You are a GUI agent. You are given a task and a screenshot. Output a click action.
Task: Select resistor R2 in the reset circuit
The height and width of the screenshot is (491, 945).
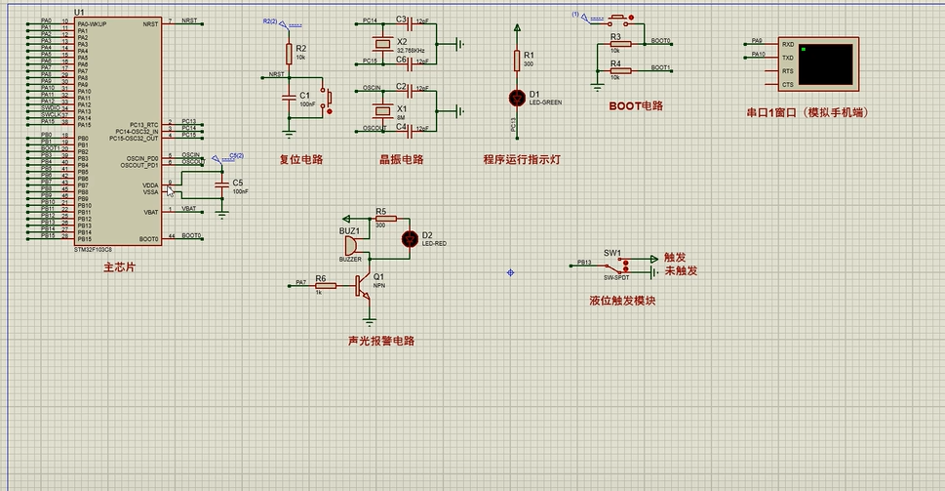tap(289, 53)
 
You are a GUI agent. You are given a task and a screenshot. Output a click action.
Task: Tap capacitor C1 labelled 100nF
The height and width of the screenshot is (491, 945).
tap(289, 97)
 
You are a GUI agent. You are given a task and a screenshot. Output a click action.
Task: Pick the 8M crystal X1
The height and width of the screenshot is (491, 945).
tap(383, 109)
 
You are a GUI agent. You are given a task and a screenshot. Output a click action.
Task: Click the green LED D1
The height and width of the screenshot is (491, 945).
tap(517, 98)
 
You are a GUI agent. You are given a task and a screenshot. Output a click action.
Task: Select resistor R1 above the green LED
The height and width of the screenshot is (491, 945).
tap(517, 61)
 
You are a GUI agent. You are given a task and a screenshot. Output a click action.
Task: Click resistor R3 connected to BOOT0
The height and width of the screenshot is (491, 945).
tap(615, 44)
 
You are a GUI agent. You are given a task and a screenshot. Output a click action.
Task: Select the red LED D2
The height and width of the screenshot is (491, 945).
tap(411, 237)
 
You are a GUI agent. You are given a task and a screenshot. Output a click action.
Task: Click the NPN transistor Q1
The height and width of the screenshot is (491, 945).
tap(365, 284)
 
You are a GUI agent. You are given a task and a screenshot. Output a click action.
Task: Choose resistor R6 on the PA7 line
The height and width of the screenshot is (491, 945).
tap(326, 285)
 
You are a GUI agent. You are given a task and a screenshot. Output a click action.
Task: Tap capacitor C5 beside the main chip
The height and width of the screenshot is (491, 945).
tap(223, 184)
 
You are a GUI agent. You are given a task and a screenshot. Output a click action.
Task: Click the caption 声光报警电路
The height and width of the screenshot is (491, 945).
tap(381, 342)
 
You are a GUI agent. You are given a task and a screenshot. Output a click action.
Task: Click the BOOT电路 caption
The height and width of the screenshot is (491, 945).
tap(635, 105)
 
